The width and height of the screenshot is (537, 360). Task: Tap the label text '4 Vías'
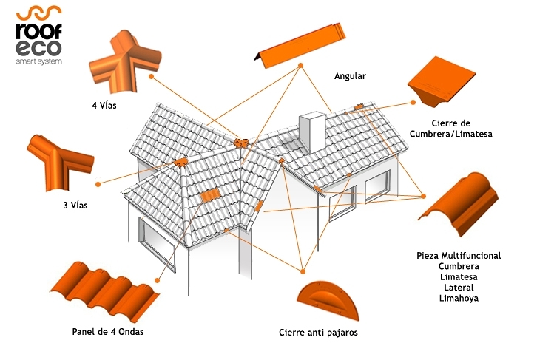coord(105,105)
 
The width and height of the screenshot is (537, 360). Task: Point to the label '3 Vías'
coord(75,205)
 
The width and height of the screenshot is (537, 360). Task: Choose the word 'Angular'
coord(350,76)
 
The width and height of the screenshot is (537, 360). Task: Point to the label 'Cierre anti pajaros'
coord(318,333)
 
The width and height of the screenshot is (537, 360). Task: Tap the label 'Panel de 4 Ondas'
coord(108,330)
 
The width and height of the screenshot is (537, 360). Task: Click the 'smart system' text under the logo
coord(38,62)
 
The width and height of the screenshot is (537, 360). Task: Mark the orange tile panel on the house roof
coord(211,197)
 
